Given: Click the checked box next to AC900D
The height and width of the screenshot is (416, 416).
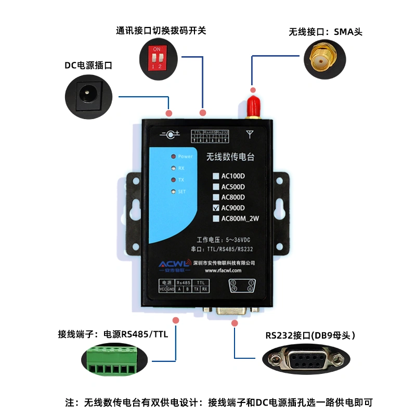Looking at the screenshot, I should (216, 207).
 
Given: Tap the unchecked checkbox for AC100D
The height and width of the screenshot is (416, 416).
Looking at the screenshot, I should (216, 176).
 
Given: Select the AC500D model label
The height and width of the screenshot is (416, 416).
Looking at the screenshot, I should (233, 187).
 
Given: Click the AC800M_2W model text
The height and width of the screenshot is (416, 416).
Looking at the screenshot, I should (240, 218).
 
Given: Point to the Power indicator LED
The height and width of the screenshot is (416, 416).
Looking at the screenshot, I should (172, 156).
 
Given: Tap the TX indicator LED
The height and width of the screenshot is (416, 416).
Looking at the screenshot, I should (172, 180).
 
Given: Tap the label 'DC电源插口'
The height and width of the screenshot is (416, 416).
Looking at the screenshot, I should (88, 66).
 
